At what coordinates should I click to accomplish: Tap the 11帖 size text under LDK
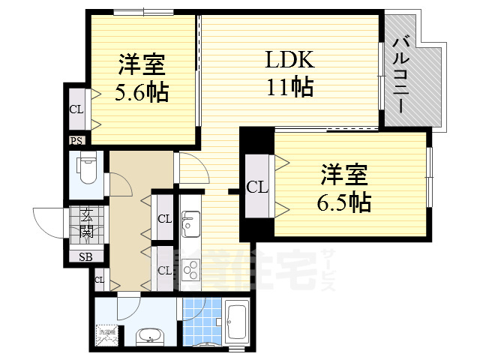pos(288,87)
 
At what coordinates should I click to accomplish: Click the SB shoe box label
pos(85,256)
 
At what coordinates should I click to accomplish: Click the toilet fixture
pos(87,169)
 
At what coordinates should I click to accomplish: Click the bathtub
pos(236,323)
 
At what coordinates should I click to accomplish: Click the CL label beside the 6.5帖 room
pos(256,187)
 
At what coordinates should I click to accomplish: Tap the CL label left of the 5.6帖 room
pos(76,109)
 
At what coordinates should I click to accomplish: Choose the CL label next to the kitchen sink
pos(164,219)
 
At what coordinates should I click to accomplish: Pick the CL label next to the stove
pos(164,268)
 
